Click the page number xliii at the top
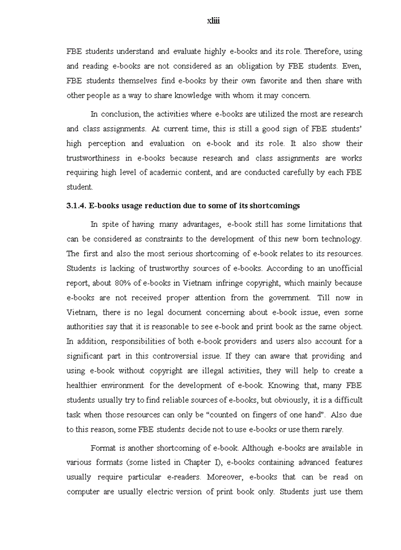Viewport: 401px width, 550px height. pos(213,21)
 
